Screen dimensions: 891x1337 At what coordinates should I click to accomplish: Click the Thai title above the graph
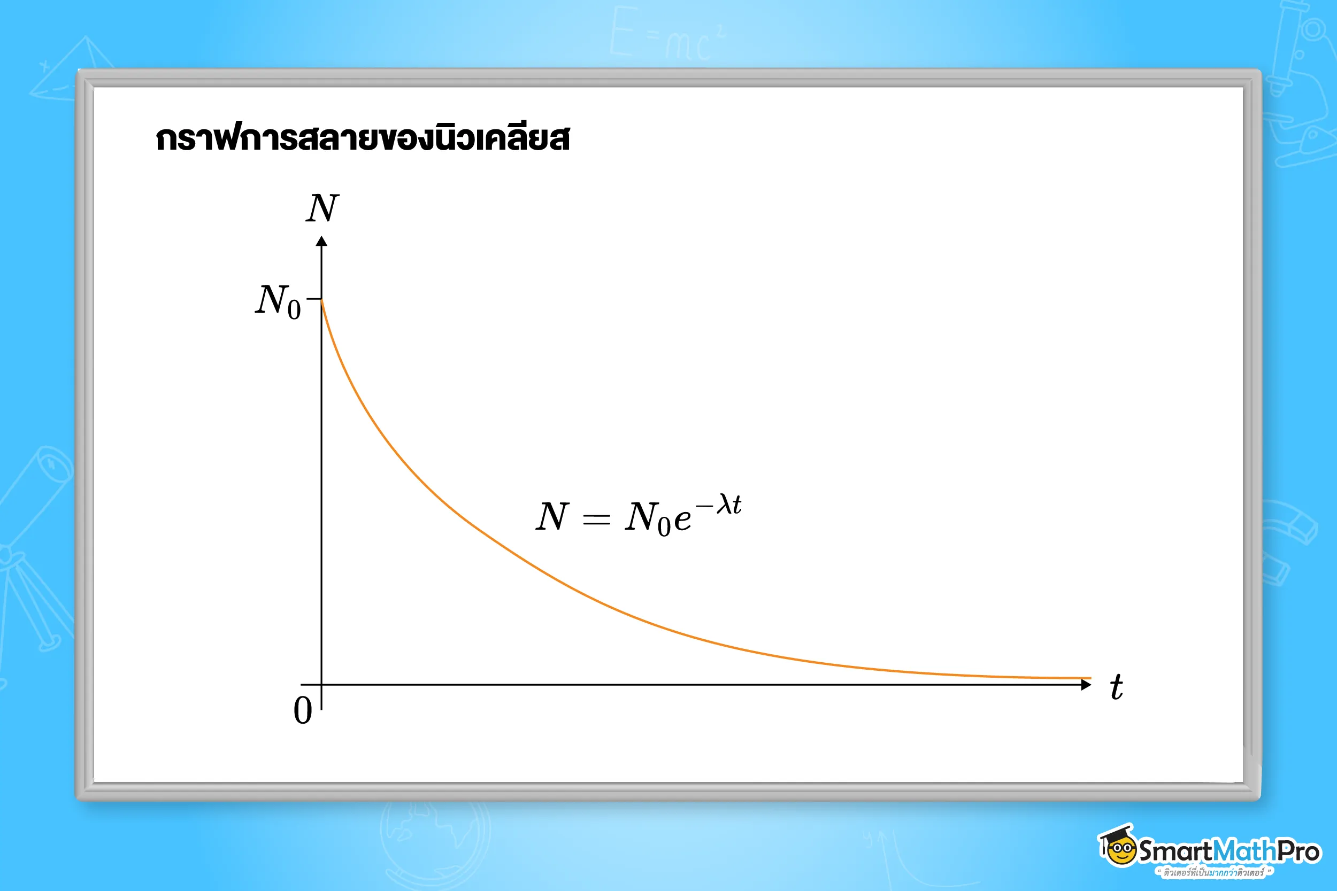click(362, 138)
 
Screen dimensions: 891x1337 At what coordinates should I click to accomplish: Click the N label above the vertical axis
click(322, 208)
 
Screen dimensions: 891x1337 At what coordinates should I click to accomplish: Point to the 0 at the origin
click(302, 710)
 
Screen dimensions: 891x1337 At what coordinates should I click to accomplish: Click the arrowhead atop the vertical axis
click(322, 242)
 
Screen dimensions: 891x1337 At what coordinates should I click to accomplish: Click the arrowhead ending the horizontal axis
click(1086, 685)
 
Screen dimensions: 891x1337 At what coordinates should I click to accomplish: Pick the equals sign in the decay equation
click(596, 518)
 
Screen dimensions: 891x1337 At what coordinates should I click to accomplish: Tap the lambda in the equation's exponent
click(724, 503)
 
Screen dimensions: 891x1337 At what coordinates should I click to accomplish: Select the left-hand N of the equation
click(552, 516)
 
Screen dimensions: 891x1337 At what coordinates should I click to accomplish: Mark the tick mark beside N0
click(314, 298)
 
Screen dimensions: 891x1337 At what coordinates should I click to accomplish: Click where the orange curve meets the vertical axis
click(322, 300)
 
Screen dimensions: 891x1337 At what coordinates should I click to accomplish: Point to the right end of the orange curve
click(1090, 678)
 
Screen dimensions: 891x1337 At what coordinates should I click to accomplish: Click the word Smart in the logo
click(1175, 851)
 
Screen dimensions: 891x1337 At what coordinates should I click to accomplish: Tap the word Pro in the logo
click(1298, 851)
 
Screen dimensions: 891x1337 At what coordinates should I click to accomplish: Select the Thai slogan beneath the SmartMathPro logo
click(1213, 872)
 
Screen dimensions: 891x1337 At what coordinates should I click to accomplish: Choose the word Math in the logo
click(1244, 851)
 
